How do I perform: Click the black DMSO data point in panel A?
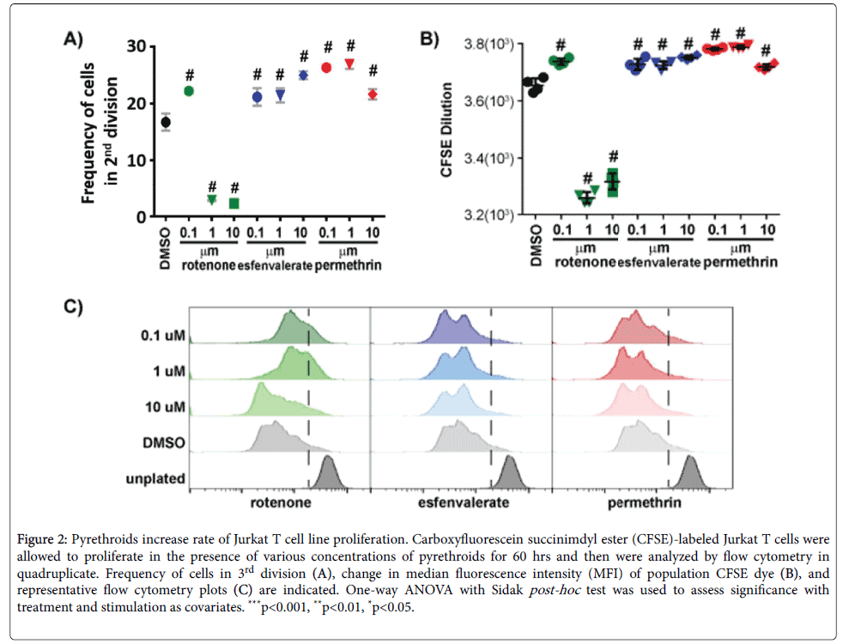pyautogui.click(x=166, y=122)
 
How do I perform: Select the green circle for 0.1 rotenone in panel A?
pyautogui.click(x=189, y=91)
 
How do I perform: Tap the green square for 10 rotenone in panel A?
pyautogui.click(x=233, y=204)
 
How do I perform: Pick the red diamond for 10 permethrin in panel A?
pyautogui.click(x=373, y=94)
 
